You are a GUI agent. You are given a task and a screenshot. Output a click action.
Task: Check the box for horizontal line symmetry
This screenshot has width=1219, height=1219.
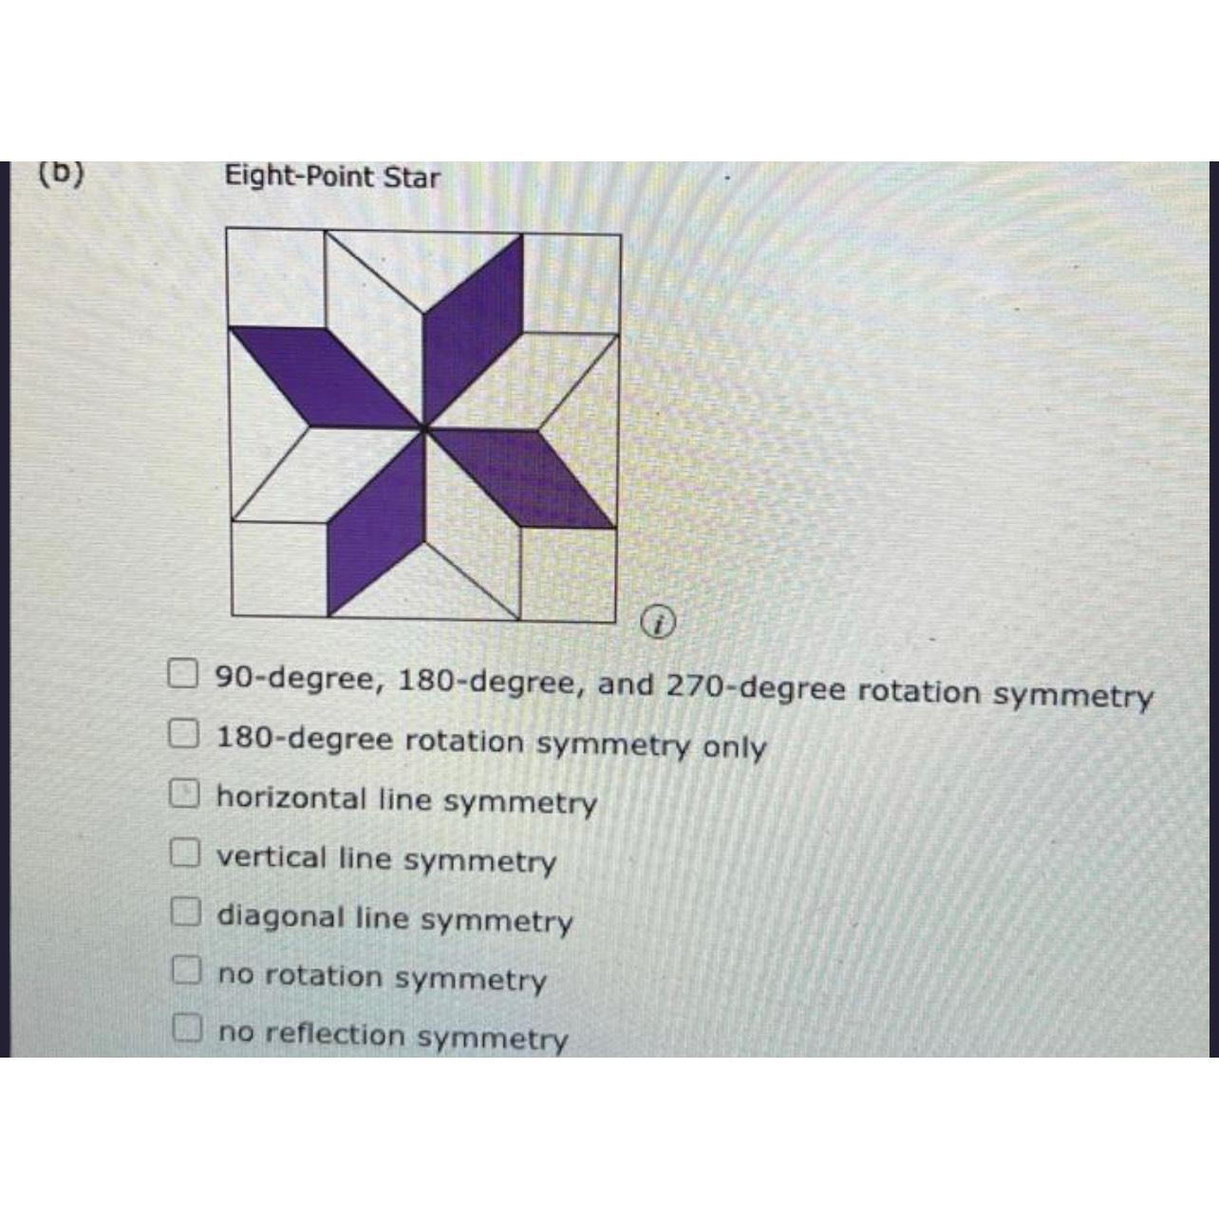click(184, 794)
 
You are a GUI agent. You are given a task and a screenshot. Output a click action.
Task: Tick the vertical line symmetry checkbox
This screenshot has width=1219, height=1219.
click(184, 853)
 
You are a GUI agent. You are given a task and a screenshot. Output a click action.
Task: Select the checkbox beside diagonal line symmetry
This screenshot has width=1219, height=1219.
click(185, 911)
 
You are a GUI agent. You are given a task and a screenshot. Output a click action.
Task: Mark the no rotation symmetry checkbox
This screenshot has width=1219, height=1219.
click(186, 969)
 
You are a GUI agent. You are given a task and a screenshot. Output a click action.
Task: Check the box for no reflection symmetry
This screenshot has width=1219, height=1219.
click(187, 1027)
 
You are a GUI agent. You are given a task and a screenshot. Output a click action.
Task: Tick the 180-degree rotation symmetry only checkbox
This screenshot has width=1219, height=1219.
click(183, 734)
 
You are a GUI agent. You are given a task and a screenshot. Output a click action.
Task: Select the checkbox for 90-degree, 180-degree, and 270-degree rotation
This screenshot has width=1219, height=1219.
click(182, 673)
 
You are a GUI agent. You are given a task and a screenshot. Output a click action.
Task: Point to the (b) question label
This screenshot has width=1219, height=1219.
click(62, 173)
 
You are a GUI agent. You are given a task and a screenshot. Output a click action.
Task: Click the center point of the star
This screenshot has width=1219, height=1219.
click(423, 429)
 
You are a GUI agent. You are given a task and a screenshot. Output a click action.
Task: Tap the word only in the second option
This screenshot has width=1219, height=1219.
click(734, 747)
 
